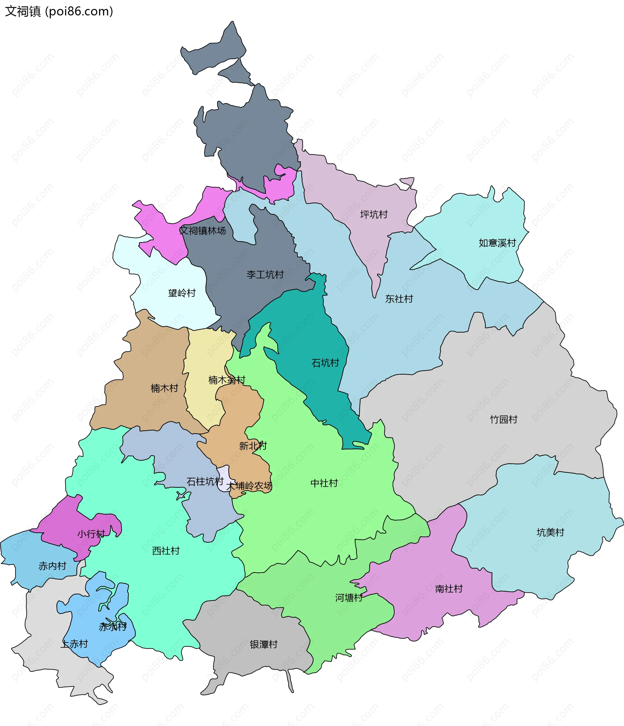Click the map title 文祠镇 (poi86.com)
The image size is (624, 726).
pyautogui.click(x=59, y=12)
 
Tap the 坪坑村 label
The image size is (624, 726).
pyautogui.click(x=374, y=214)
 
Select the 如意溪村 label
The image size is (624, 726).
pyautogui.click(x=497, y=243)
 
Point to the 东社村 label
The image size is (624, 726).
pyautogui.click(x=399, y=299)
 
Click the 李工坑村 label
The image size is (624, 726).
pyautogui.click(x=265, y=274)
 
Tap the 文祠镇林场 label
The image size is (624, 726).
pyautogui.click(x=202, y=230)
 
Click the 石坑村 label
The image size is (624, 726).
pyautogui.click(x=325, y=363)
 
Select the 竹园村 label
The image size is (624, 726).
pyautogui.click(x=503, y=420)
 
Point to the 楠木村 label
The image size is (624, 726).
pyautogui.click(x=164, y=388)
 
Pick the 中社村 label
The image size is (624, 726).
pyautogui.click(x=324, y=483)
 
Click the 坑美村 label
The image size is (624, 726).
pyautogui.click(x=551, y=532)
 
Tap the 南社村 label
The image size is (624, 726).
pyautogui.click(x=449, y=589)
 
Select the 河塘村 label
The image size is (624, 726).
pyautogui.click(x=349, y=598)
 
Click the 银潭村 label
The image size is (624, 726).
pyautogui.click(x=264, y=644)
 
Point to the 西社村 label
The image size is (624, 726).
pyautogui.click(x=166, y=551)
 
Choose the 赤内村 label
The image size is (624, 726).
pyautogui.click(x=52, y=566)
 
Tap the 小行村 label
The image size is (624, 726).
pyautogui.click(x=91, y=534)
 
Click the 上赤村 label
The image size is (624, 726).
pyautogui.click(x=74, y=644)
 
